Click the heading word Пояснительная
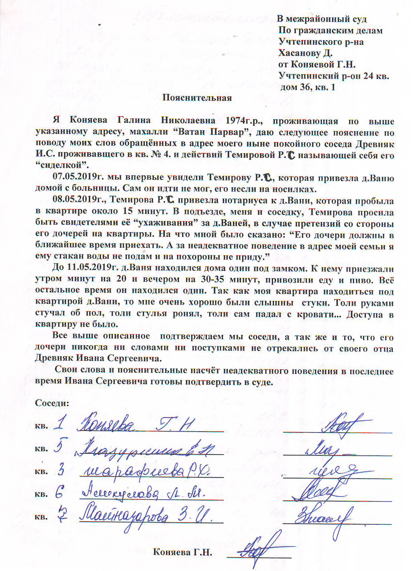197,98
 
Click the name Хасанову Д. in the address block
305,53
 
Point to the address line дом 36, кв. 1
308,87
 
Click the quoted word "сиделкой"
62,165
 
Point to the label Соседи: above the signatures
52,403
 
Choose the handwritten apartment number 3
61,470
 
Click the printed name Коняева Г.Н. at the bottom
183,552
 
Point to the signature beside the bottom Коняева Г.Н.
259,549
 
